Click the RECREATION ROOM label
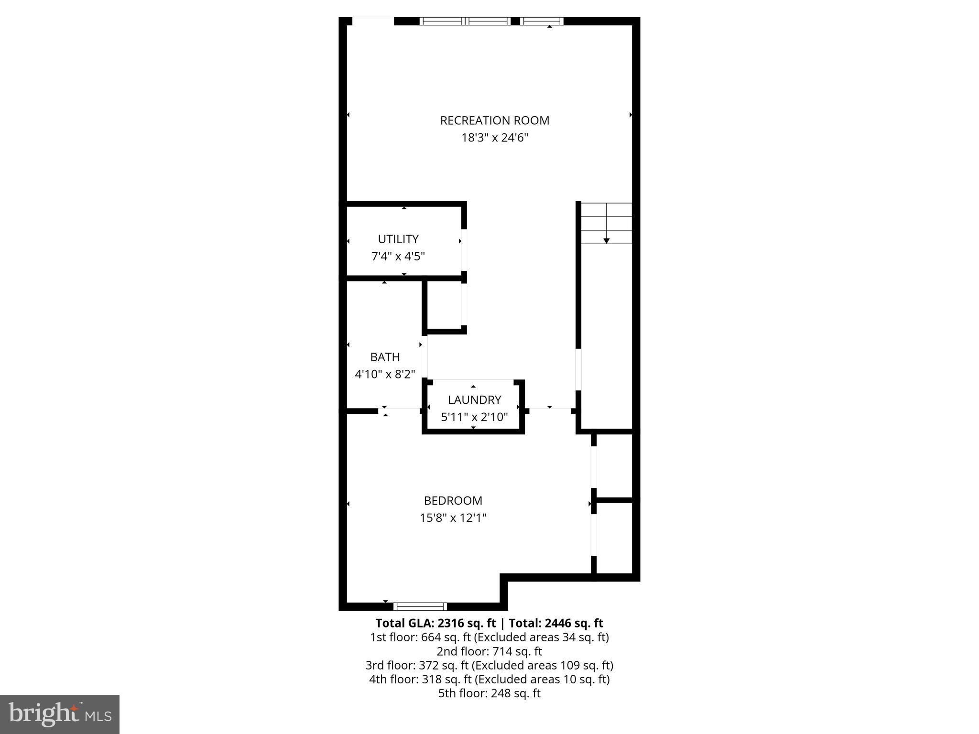click(x=494, y=120)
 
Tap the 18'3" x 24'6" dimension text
click(x=494, y=138)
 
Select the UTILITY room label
click(x=398, y=239)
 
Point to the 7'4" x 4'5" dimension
click(x=398, y=257)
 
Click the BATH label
click(x=385, y=357)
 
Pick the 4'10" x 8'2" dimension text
click(x=385, y=374)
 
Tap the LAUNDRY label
click(x=474, y=400)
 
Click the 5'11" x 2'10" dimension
click(x=474, y=417)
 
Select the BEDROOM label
click(x=453, y=501)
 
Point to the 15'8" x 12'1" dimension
click(x=453, y=518)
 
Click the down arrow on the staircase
click(x=606, y=240)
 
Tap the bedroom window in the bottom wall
click(x=420, y=606)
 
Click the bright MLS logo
click(x=60, y=714)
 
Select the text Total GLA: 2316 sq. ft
click(x=436, y=623)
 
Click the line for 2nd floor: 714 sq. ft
click(x=489, y=651)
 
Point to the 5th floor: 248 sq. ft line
click(x=489, y=693)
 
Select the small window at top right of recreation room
click(x=542, y=21)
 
